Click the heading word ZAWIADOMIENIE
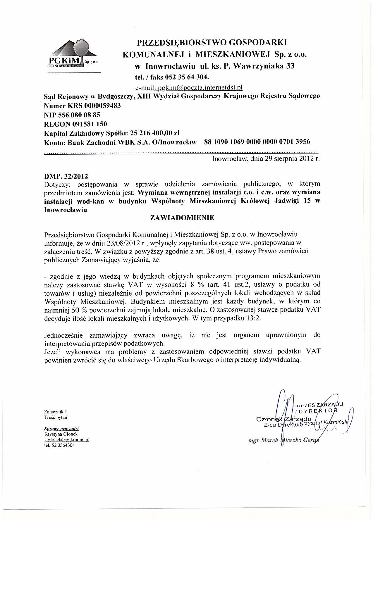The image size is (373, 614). [182, 218]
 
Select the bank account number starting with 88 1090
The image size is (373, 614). [257, 142]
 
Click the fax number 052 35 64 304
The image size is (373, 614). [187, 77]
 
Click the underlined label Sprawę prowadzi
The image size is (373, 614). [61, 429]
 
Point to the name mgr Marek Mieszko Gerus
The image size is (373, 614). [282, 441]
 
